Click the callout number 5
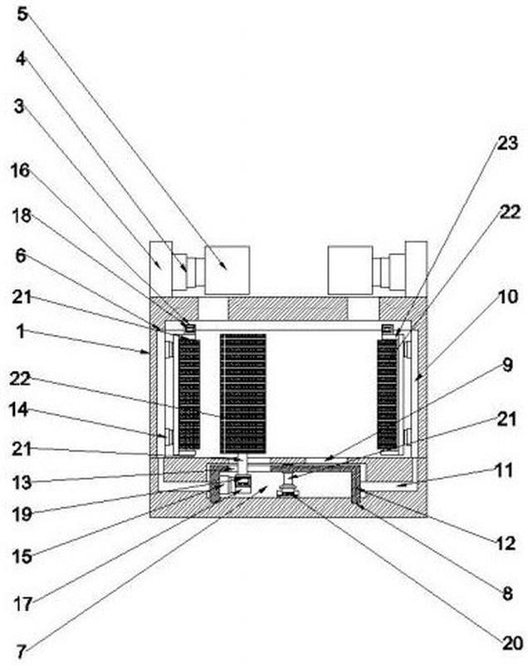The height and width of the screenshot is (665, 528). [22, 13]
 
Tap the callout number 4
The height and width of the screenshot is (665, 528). [22, 59]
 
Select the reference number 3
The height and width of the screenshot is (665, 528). [19, 106]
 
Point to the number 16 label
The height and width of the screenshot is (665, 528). [21, 170]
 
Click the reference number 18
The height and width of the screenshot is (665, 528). [22, 216]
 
